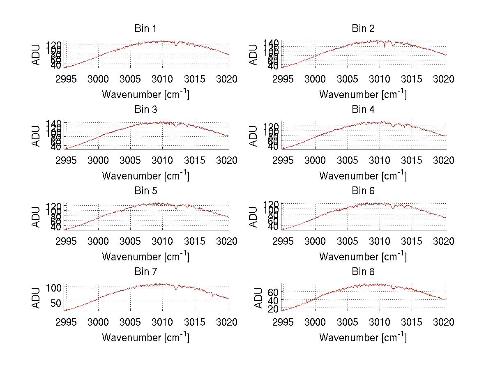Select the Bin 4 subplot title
click(363, 110)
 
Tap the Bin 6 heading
click(363, 191)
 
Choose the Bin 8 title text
click(363, 272)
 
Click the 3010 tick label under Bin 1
click(162, 79)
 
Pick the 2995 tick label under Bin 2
click(283, 79)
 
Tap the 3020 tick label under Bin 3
click(227, 161)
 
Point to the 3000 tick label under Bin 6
click(316, 241)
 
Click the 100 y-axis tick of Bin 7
click(56, 287)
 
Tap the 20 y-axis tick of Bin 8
click(274, 309)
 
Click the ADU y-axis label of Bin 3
click(37, 136)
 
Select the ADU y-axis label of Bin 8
click(258, 298)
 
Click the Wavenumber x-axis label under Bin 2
click(363, 94)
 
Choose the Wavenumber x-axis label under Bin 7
click(145, 338)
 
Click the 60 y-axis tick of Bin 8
click(274, 292)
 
